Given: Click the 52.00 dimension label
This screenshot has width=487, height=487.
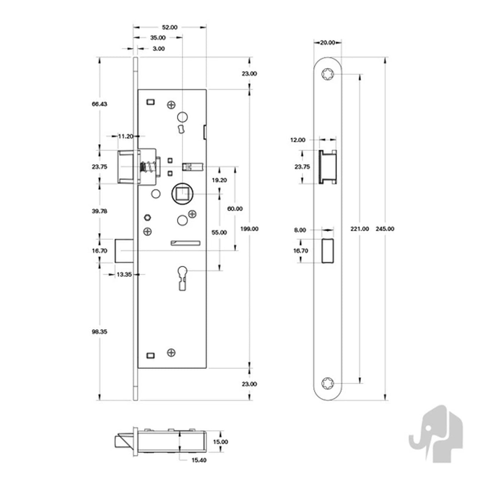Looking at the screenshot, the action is click(x=170, y=27).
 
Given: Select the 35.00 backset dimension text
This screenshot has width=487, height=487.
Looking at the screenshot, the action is click(x=158, y=38).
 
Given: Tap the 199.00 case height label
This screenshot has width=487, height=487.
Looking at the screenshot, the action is click(x=249, y=229).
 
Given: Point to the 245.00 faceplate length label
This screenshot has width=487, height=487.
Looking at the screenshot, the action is click(x=385, y=229).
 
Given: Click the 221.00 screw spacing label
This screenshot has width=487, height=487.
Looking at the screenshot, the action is click(x=360, y=229).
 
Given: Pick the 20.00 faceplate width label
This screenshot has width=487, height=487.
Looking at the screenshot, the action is click(x=328, y=43).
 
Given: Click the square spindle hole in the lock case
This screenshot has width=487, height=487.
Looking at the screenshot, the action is click(x=183, y=194).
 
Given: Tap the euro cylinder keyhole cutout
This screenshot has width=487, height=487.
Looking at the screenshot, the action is click(x=183, y=278).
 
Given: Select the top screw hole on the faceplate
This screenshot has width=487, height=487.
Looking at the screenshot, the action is click(x=328, y=74).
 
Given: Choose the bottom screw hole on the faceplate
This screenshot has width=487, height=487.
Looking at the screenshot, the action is click(x=328, y=383).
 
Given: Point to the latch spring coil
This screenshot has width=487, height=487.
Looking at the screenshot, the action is click(x=145, y=167).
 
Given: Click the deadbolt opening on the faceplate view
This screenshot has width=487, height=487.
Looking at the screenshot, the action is click(x=327, y=251).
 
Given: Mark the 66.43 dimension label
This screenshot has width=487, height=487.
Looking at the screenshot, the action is click(x=99, y=104).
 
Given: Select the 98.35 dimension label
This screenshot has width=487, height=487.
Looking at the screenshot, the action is click(x=99, y=332).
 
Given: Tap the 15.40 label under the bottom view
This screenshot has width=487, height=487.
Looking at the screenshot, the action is click(x=199, y=460).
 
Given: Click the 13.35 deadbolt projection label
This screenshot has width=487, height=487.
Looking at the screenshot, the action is click(x=124, y=274).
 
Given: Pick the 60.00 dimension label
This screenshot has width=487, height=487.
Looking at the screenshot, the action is click(x=235, y=209).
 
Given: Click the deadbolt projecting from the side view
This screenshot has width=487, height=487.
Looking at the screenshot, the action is click(x=124, y=251).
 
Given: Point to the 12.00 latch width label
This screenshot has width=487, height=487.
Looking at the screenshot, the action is click(x=298, y=140).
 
